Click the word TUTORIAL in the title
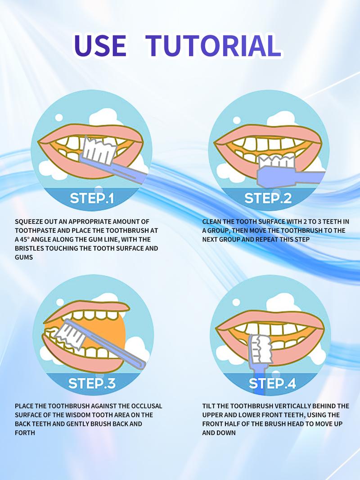(x=213, y=45)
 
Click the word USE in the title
(x=100, y=45)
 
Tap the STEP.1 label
(x=92, y=198)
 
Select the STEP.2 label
(x=268, y=198)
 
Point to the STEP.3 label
(x=92, y=383)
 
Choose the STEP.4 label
(x=272, y=383)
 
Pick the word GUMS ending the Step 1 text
(x=24, y=258)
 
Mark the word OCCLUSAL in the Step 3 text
(x=147, y=406)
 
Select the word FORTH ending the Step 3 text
(x=25, y=433)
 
